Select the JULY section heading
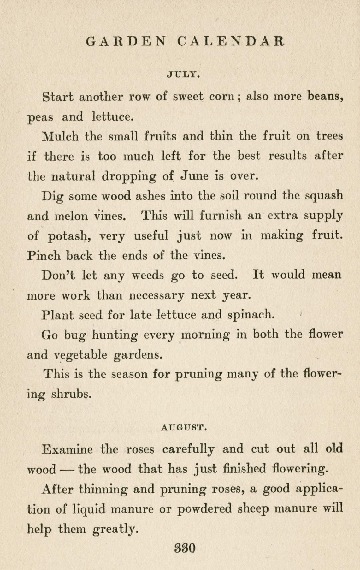[183, 75]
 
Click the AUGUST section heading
[184, 428]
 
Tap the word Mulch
[60, 136]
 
